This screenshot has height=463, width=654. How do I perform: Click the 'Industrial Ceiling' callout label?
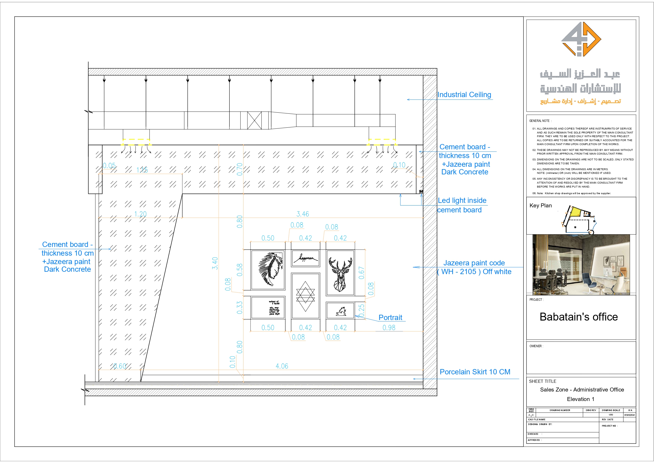464,95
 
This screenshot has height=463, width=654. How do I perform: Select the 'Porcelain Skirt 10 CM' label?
475,372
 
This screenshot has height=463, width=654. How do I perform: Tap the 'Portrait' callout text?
390,318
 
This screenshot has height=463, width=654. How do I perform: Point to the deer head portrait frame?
340,273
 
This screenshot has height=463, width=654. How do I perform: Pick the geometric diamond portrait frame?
305,296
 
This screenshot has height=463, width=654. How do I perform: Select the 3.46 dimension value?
302,214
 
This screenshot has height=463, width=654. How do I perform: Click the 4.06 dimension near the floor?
282,366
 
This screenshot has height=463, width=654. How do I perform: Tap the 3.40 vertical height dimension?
215,263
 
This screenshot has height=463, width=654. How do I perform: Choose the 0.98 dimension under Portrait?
389,327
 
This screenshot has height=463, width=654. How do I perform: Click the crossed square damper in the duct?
254,120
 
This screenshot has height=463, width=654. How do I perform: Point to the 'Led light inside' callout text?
462,201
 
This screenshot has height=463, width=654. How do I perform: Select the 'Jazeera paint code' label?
474,263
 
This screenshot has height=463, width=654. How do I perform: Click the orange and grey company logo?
581,39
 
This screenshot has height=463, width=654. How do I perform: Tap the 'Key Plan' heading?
540,206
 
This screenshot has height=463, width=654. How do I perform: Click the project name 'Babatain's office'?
579,317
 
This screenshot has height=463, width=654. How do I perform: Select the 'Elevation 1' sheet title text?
580,399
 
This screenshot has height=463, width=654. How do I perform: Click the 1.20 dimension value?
140,214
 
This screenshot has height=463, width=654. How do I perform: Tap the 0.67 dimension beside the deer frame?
361,273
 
